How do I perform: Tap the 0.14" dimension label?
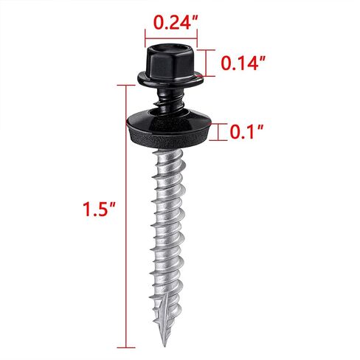click(243, 63)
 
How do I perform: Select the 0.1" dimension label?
click(246, 131)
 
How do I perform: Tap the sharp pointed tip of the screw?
click(165, 345)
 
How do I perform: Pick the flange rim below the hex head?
click(170, 80)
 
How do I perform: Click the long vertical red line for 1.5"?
click(126, 216)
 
